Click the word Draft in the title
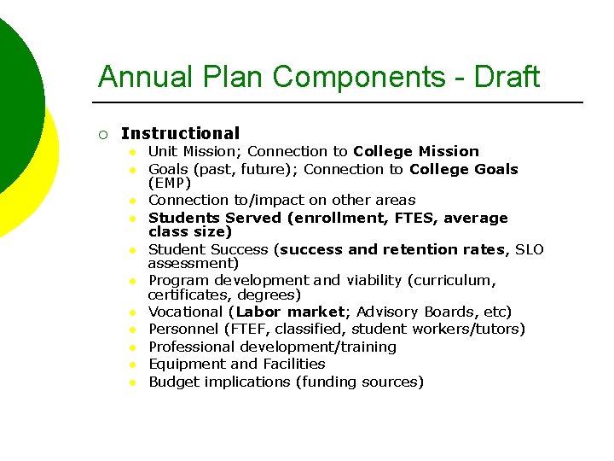point(508,77)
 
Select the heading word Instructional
point(180,133)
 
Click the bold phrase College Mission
point(416,151)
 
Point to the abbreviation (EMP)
point(170,183)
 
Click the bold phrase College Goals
point(463,169)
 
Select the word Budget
point(172,382)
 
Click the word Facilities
point(293,364)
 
